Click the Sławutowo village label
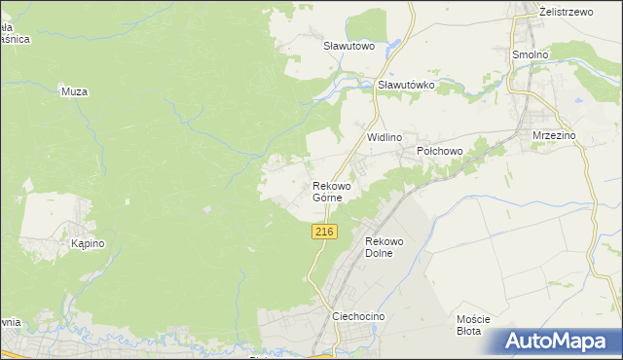pos(349,46)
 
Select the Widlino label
pos(384,138)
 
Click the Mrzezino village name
pos(555,136)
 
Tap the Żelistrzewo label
pos(566,11)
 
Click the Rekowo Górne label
pos(331,191)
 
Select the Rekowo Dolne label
pos(384,247)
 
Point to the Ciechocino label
pos(359,317)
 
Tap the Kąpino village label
pos(88,244)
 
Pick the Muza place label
pos(75,92)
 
